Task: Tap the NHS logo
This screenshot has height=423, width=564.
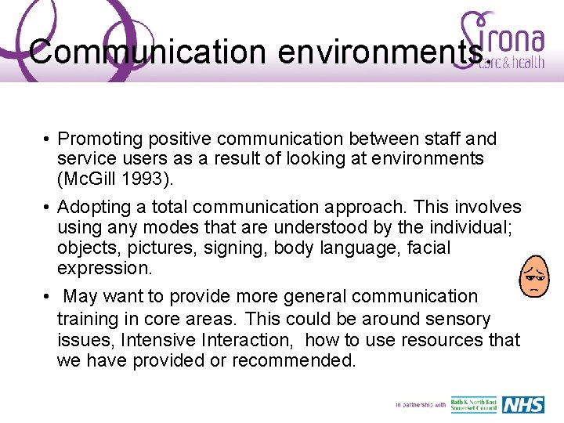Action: (x=522, y=405)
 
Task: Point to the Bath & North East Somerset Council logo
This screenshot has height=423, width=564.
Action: (x=473, y=405)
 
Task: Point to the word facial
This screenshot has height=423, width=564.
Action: (x=423, y=248)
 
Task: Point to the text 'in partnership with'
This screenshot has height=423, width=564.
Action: (x=421, y=405)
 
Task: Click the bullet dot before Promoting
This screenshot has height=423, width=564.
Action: (x=48, y=139)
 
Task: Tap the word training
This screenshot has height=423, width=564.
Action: (x=87, y=320)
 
